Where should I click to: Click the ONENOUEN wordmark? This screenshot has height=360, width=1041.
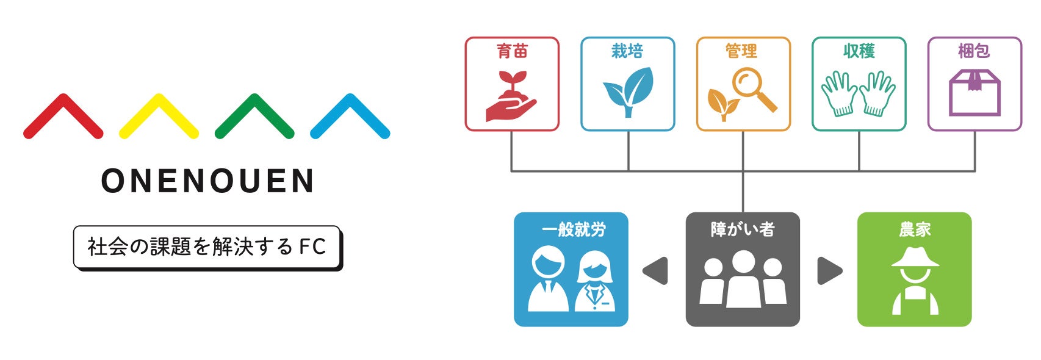(207, 181)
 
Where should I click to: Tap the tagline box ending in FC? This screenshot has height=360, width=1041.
(207, 247)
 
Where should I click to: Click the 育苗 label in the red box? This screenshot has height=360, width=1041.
(512, 51)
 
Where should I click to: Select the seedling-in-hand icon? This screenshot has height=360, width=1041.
(511, 96)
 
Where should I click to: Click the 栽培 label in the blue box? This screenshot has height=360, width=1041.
(627, 51)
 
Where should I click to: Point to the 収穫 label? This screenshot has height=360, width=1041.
(859, 51)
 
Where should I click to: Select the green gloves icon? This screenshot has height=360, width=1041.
(859, 93)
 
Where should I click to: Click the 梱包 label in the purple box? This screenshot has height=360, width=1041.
(974, 51)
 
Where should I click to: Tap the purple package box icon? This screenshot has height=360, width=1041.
(974, 93)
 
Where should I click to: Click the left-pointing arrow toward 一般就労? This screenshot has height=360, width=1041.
(656, 271)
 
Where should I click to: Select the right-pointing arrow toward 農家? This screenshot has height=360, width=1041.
(829, 271)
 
